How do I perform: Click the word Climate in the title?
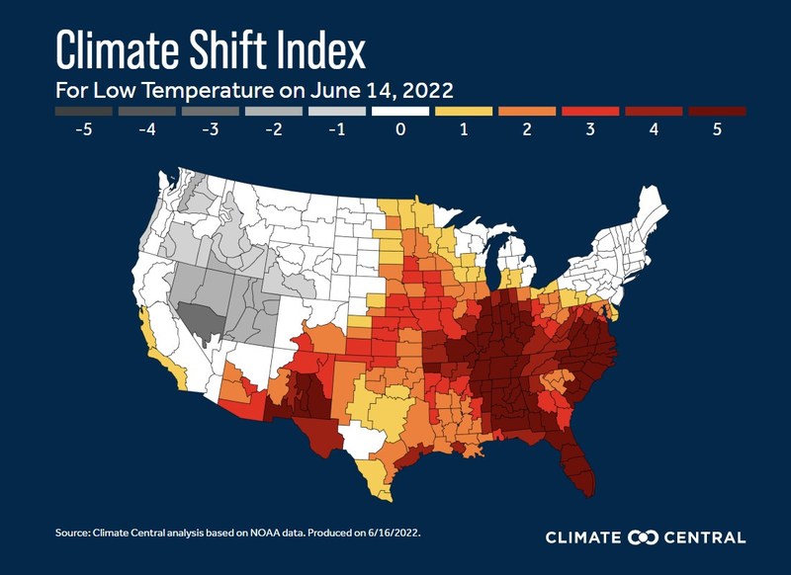(119, 46)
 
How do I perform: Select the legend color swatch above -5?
(83, 112)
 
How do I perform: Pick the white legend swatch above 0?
(399, 112)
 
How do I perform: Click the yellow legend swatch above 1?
(463, 112)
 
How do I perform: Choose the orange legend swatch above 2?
(526, 112)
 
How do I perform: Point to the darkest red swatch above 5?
(716, 112)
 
